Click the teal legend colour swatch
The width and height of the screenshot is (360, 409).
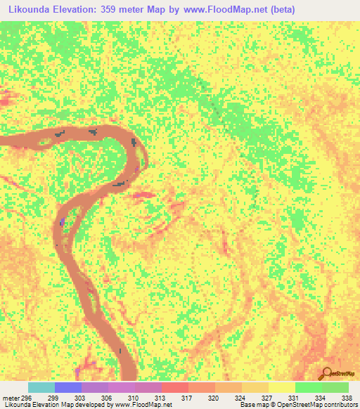click(x=41, y=387)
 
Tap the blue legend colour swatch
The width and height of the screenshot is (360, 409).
click(x=68, y=387)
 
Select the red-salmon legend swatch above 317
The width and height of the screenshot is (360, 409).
click(x=175, y=387)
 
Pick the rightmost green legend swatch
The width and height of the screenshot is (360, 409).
click(x=335, y=387)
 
